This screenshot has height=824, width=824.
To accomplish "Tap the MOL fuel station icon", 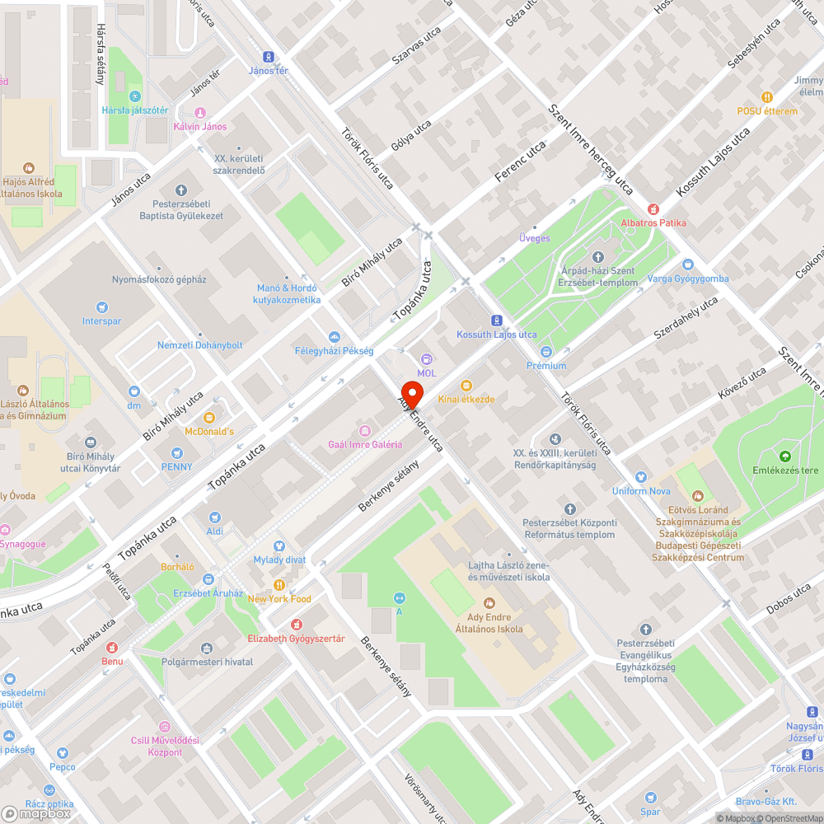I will click(426, 359).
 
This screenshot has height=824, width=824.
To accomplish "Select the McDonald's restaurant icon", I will click(208, 418).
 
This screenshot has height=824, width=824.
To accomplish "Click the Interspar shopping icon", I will click(102, 307).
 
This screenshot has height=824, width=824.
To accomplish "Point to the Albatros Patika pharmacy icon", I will click(653, 209).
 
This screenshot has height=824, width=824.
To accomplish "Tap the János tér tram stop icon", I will click(268, 57).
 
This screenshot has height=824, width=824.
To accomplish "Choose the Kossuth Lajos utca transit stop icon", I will click(497, 321).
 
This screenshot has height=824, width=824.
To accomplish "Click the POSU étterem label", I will click(767, 111).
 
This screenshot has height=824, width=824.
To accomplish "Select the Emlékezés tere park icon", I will click(784, 456).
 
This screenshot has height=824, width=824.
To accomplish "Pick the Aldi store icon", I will click(215, 517).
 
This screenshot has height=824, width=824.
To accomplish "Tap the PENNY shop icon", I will click(176, 452).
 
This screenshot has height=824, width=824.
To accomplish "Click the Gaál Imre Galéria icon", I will click(364, 430).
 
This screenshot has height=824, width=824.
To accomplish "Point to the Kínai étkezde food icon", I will click(466, 385).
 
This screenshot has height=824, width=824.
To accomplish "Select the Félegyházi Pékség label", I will click(334, 351).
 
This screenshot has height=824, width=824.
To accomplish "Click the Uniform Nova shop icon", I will click(641, 477).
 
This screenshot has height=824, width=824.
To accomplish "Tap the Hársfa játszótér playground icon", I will click(123, 96).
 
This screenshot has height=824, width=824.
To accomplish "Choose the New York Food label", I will click(279, 599).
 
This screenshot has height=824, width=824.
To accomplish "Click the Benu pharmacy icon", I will click(112, 647).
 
